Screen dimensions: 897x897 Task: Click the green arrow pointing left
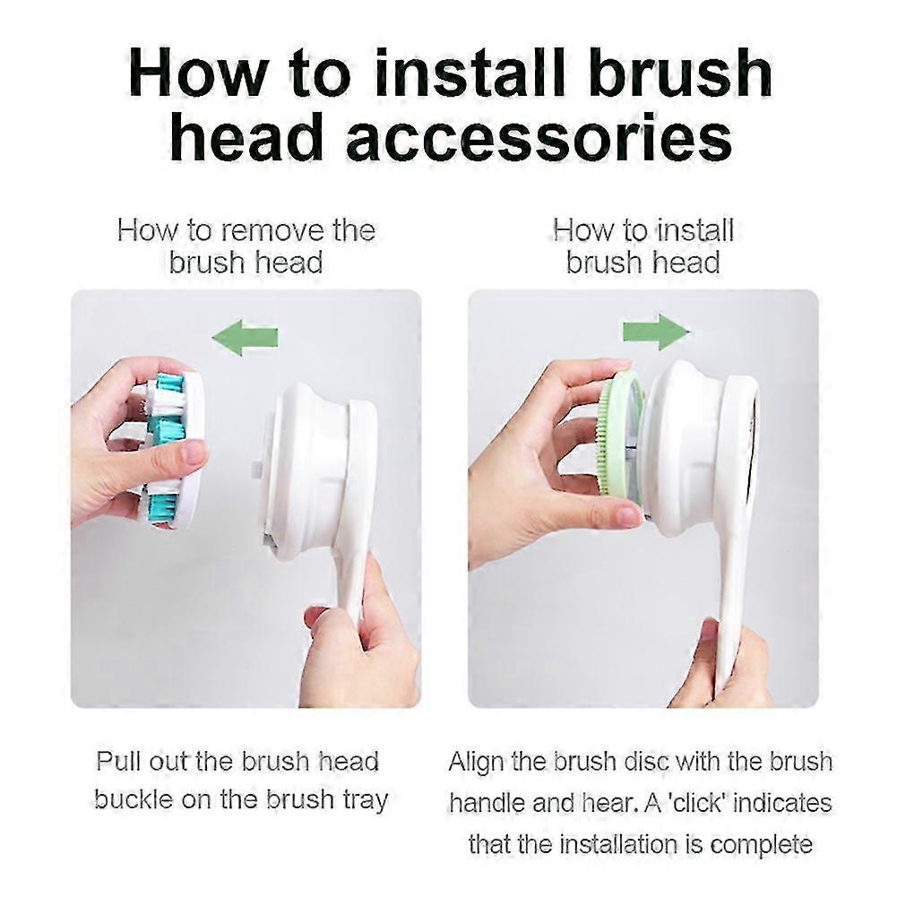pyautogui.click(x=245, y=338)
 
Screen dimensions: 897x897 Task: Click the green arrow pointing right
pyautogui.click(x=656, y=332)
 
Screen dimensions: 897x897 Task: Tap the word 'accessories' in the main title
pyautogui.click(x=539, y=138)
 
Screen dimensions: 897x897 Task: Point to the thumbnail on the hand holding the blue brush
pyautogui.click(x=193, y=456)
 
